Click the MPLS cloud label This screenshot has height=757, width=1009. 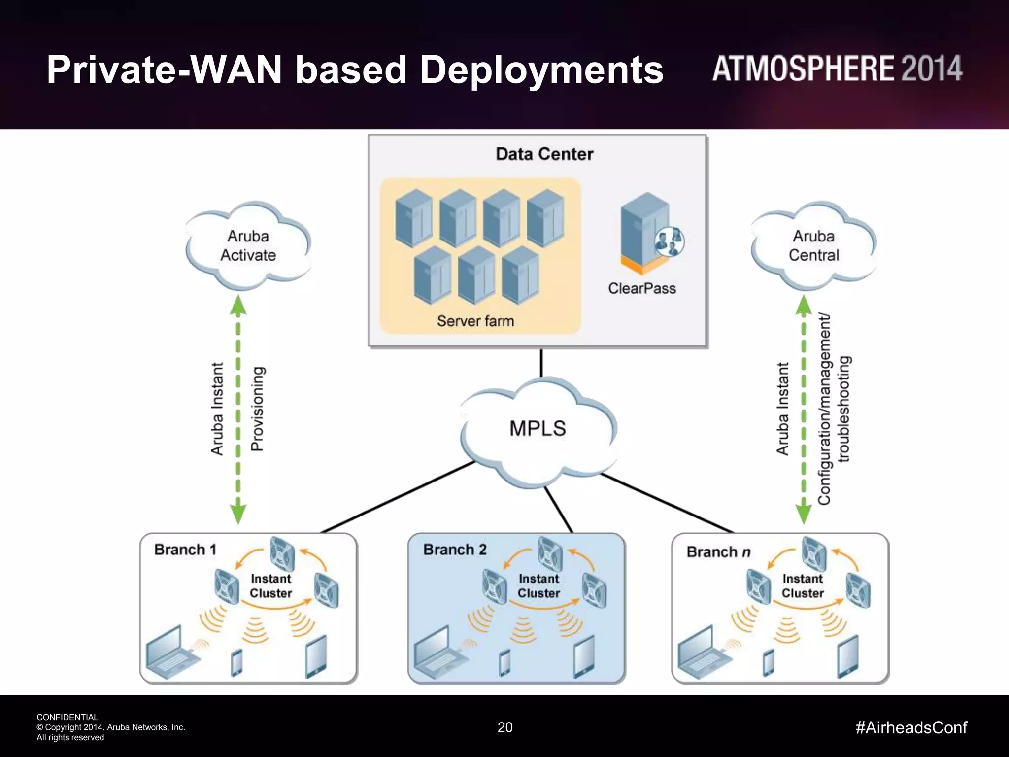tap(538, 428)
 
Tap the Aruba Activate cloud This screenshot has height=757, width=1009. tap(248, 245)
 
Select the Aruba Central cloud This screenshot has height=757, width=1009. tap(813, 245)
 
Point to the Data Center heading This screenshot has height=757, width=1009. tap(544, 154)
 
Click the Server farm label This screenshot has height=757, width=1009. tap(475, 321)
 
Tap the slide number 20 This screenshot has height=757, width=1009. tap(505, 727)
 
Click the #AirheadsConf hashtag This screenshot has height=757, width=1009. tap(911, 727)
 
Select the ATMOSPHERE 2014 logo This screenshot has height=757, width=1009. tap(837, 69)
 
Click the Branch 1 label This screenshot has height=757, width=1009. tap(185, 550)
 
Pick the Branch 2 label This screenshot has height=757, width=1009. tap(455, 550)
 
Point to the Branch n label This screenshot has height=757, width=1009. tap(718, 552)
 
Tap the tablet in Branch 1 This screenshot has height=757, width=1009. tap(316, 657)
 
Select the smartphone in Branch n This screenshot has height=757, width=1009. tap(768, 663)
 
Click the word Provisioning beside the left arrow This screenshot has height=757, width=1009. tap(258, 409)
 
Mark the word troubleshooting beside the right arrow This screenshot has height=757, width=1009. tap(844, 409)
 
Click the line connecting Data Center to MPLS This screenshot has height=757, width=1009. tap(541, 363)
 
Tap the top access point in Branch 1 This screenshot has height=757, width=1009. tap(282, 553)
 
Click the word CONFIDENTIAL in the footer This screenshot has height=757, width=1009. tap(67, 717)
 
